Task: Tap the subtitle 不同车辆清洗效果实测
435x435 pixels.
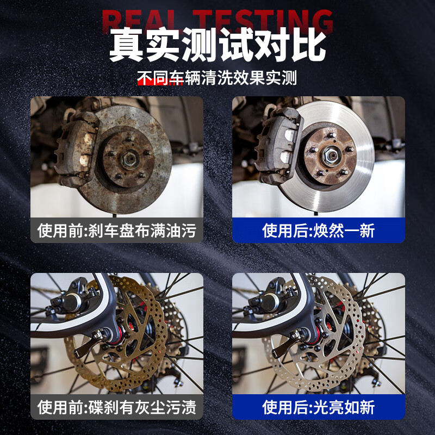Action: [x=217, y=78]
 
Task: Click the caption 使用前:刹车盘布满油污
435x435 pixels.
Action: [x=116, y=231]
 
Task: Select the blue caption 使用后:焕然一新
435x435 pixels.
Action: [x=319, y=231]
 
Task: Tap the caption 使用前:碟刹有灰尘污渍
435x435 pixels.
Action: [x=116, y=407]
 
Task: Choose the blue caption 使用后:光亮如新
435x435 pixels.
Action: [x=319, y=407]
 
